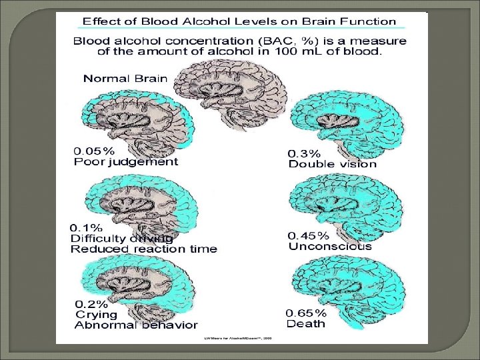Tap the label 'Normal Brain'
pyautogui.click(x=125, y=79)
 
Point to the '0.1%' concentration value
pyautogui.click(x=85, y=227)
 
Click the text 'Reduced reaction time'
pyautogui.click(x=144, y=249)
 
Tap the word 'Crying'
pyautogui.click(x=97, y=314)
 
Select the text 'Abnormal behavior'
pyautogui.click(x=136, y=325)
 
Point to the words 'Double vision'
pyautogui.click(x=332, y=163)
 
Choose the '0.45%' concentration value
pyautogui.click(x=309, y=235)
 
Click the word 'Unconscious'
pyautogui.click(x=330, y=246)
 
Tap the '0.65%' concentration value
pyautogui.click(x=307, y=313)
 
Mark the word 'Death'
pyautogui.click(x=306, y=323)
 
